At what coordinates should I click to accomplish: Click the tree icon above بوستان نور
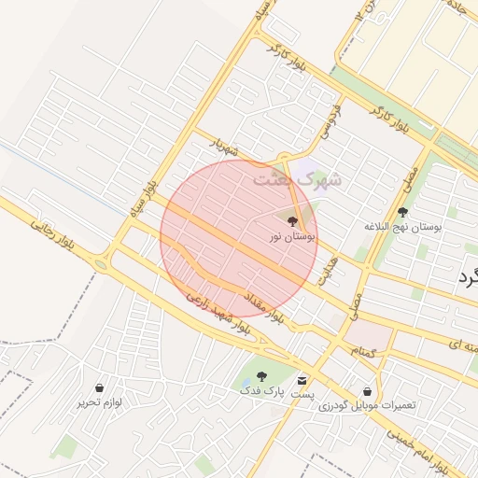(292, 222)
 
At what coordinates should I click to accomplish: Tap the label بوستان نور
(292, 238)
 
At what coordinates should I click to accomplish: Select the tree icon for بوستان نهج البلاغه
(402, 213)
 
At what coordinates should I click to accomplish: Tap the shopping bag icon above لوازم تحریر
(99, 387)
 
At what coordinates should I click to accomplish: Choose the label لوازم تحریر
(100, 402)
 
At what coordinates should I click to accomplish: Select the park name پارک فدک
(260, 390)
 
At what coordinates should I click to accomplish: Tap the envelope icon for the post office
(302, 380)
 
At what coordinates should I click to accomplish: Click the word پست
(302, 395)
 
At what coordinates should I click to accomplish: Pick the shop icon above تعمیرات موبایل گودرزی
(367, 391)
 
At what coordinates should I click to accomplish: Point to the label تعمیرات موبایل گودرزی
(367, 406)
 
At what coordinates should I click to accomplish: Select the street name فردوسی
(330, 122)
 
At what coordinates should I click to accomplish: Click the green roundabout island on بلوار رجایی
(100, 265)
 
